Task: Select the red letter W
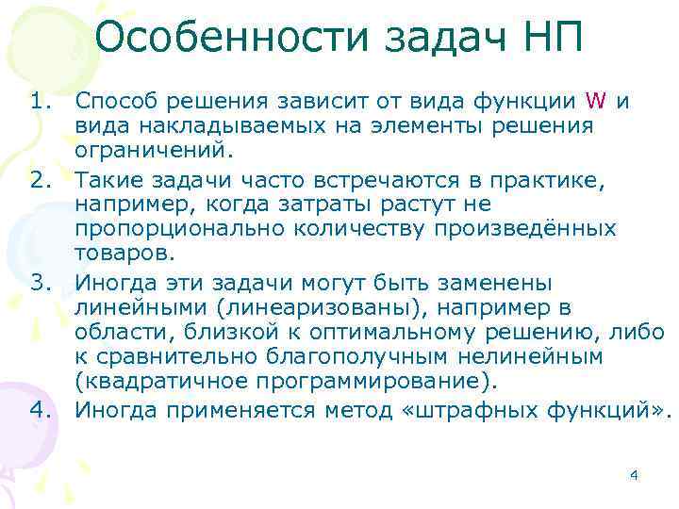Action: (x=595, y=101)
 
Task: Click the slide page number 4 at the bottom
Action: (x=634, y=474)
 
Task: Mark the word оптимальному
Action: (x=406, y=333)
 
